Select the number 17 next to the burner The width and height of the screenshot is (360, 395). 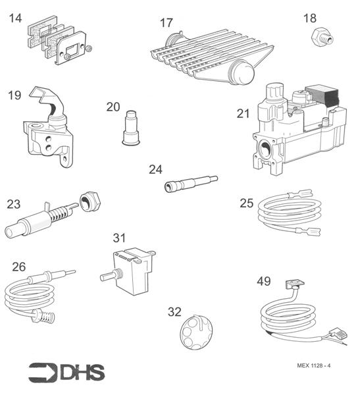click(167, 23)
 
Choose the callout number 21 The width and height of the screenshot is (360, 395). click(244, 113)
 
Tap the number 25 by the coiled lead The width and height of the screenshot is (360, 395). click(246, 203)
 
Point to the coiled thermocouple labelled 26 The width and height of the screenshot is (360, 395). click(33, 293)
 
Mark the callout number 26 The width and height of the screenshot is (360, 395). click(19, 267)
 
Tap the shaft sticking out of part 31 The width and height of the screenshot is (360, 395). click(107, 276)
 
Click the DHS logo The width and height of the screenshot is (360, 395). click(66, 372)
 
